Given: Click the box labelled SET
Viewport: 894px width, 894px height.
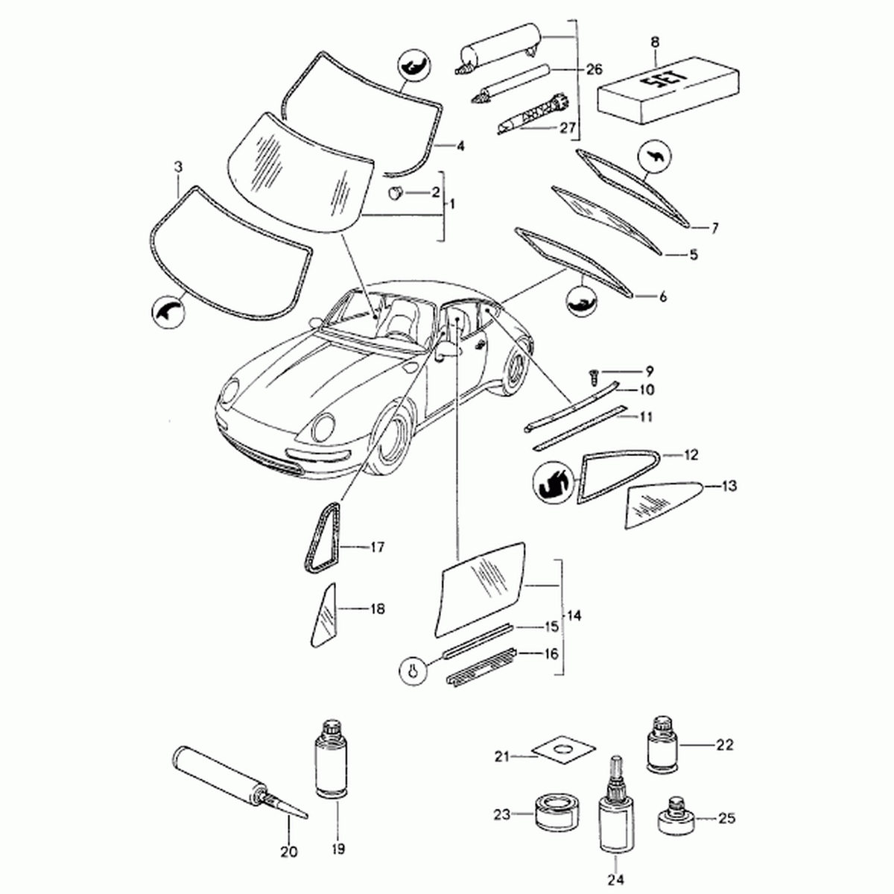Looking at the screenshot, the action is coord(668,90).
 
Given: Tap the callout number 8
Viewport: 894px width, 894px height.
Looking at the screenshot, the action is coord(655,42).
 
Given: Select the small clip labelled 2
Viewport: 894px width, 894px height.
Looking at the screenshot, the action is coord(396,192).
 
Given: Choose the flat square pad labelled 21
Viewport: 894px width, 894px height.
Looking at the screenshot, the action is coord(563,761).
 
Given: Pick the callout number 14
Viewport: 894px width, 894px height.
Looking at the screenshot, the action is coord(574,615).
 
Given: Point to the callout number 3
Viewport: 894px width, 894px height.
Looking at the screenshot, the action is coord(179,167).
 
